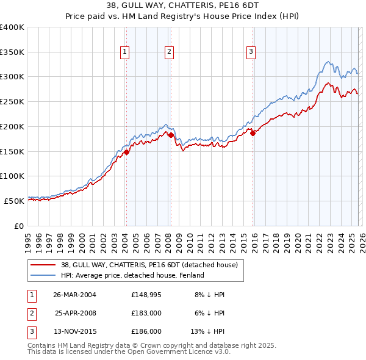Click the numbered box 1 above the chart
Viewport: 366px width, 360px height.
point(124,52)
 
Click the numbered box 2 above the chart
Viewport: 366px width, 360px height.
point(169,52)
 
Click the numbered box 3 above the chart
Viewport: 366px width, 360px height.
point(251,52)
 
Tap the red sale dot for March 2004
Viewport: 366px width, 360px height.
point(126,151)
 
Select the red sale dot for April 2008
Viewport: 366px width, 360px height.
point(171,135)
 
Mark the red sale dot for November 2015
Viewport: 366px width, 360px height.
point(253,133)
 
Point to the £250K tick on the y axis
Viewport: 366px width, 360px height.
point(12,101)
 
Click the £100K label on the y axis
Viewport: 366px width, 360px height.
point(12,176)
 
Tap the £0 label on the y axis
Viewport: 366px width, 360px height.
point(18,226)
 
